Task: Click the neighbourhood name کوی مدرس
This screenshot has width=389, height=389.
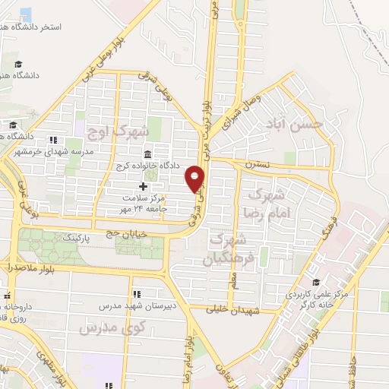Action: click(100, 327)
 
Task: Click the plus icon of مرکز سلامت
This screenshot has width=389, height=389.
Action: click(143, 186)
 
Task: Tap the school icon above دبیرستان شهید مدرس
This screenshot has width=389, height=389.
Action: click(136, 294)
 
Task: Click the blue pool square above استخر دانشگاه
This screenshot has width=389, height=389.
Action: click(26, 14)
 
